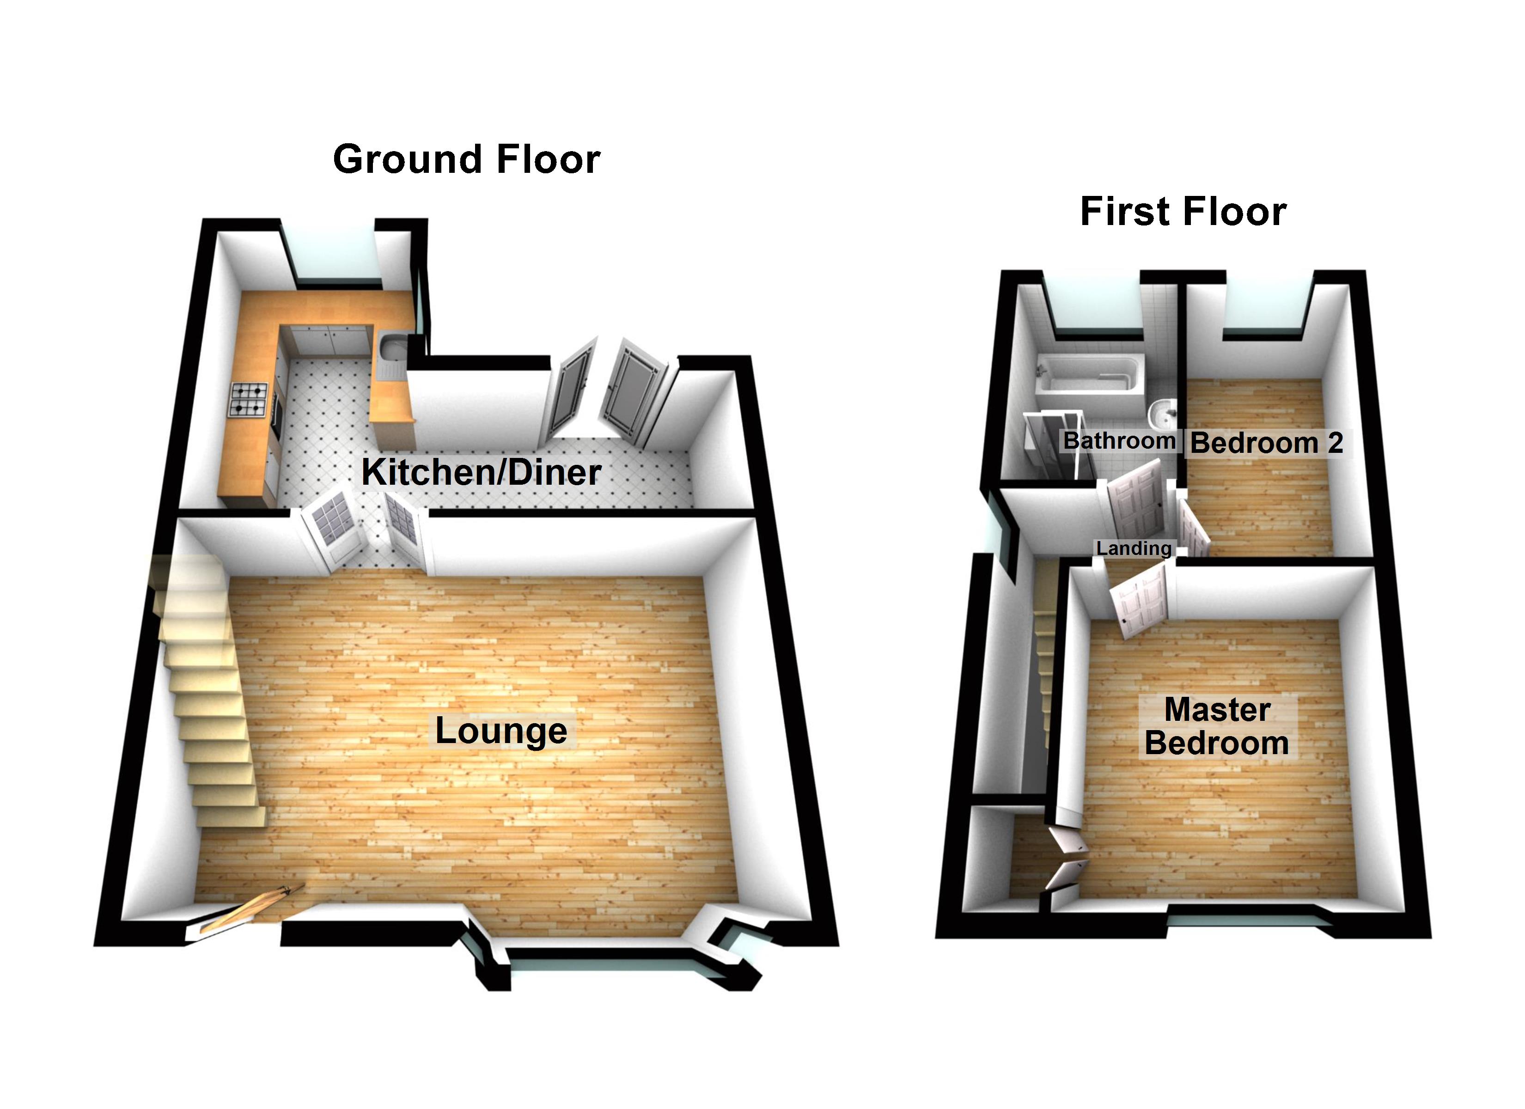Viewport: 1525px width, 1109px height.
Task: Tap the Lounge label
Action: tap(501, 731)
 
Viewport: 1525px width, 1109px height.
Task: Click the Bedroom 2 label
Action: tap(1266, 443)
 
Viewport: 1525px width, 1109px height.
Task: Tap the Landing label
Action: tap(1134, 548)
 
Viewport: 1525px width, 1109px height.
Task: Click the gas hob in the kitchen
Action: tap(249, 400)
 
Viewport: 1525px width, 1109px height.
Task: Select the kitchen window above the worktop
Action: tap(329, 256)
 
